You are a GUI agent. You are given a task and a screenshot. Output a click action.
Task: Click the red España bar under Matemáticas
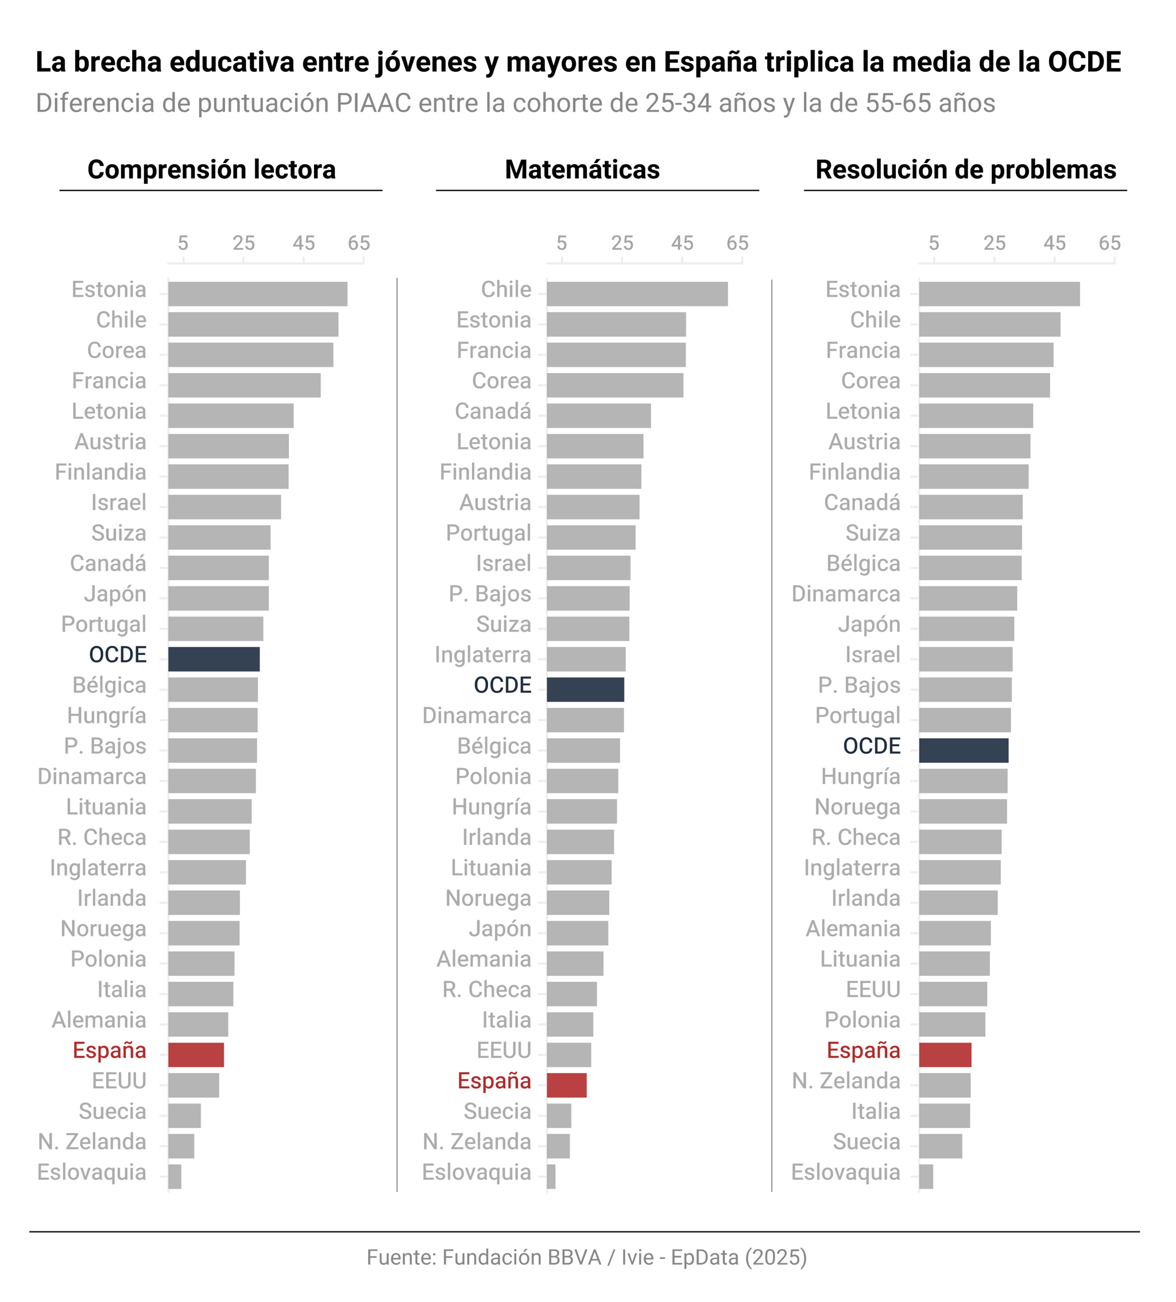tap(566, 1085)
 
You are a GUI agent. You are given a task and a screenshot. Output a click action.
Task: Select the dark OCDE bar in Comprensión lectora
tap(214, 659)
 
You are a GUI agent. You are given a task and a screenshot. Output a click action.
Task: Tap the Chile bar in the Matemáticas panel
tap(636, 294)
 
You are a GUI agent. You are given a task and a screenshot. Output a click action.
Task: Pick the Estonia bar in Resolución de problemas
tap(999, 294)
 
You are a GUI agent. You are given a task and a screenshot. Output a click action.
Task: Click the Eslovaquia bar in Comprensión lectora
tap(175, 1176)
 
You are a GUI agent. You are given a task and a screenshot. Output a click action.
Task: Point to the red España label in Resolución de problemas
tap(862, 1050)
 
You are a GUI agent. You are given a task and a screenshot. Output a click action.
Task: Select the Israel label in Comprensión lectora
tap(118, 502)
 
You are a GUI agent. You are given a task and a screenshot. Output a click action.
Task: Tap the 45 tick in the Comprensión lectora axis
tap(304, 243)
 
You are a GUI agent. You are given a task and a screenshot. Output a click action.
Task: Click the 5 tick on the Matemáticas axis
tap(562, 243)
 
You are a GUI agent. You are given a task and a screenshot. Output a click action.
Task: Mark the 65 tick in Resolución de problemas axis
tap(1109, 243)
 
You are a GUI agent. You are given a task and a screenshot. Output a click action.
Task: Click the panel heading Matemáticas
tap(582, 170)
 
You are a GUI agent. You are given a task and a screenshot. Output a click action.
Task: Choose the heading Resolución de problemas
tap(965, 170)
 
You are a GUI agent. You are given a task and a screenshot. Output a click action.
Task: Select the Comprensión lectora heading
tap(211, 170)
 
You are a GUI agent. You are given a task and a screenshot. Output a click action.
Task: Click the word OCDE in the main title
tap(1084, 63)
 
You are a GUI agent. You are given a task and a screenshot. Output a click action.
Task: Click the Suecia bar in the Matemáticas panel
tap(559, 1115)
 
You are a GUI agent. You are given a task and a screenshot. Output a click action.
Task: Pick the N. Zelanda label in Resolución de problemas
tap(846, 1080)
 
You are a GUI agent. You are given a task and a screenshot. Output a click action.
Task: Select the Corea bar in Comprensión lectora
tap(251, 355)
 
